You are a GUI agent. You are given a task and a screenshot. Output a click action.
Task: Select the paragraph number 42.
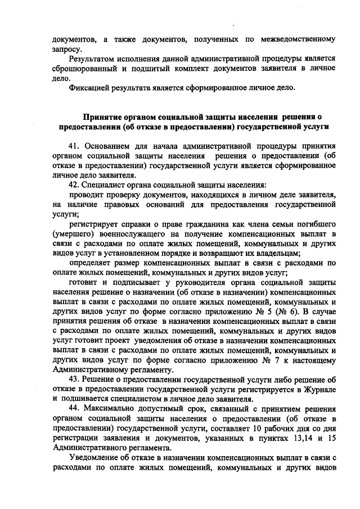coord(73,184)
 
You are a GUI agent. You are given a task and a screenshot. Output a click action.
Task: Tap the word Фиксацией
coord(89,88)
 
